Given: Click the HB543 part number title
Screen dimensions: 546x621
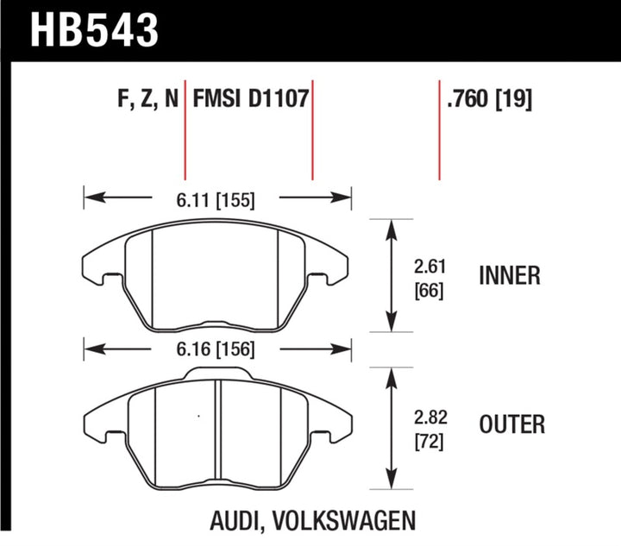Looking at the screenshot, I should pos(83,29).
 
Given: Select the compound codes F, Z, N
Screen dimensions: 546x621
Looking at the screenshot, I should pos(147,100).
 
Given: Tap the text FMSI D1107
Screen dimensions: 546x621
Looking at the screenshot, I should pos(250,100).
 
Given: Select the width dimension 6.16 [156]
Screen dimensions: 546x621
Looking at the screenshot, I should pos(216,351).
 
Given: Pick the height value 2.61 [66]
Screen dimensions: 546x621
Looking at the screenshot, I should pos(429,276).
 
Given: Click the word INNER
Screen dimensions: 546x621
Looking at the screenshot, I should pos(510,276).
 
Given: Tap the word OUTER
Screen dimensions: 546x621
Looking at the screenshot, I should pos(511,424).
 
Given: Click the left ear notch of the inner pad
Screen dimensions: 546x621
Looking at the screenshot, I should pos(107,278).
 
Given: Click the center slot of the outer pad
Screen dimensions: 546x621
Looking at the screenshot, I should pos(218,423).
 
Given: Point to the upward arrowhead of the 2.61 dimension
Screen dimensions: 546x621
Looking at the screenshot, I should pos(393,225).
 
